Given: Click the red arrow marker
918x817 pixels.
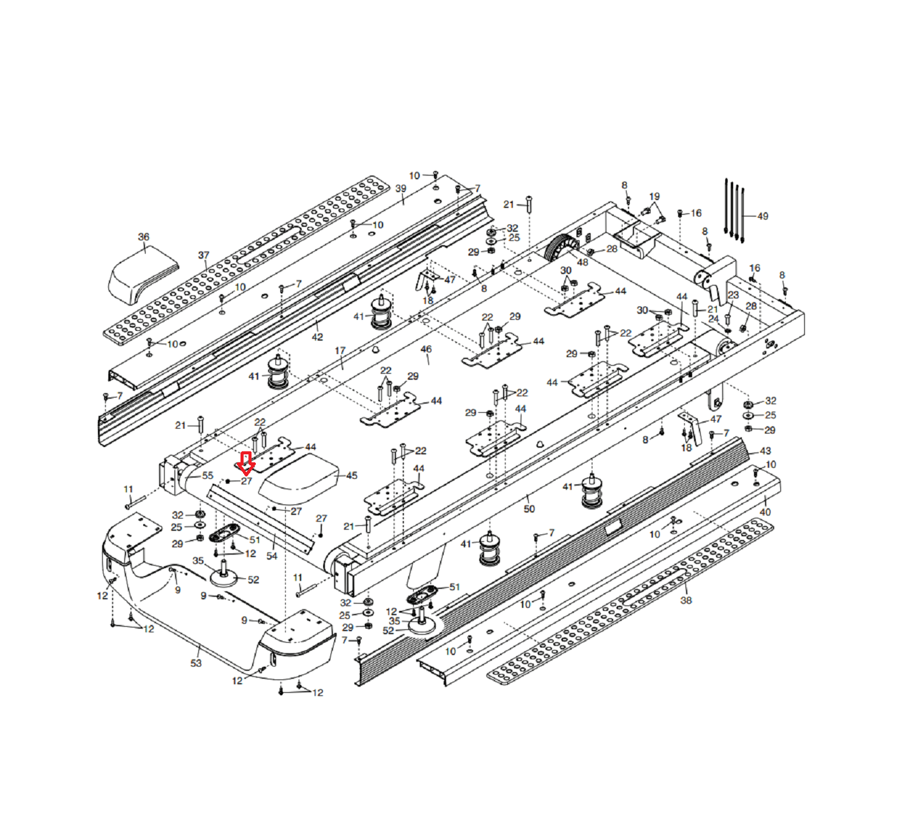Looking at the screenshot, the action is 246,464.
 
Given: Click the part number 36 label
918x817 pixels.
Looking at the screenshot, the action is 144,237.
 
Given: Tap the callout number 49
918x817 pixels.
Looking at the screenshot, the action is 763,216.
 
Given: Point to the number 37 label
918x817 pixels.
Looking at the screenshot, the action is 204,256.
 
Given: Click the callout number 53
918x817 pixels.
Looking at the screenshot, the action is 196,663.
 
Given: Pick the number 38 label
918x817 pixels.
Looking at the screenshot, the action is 686,601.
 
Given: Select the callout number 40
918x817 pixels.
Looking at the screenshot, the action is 765,512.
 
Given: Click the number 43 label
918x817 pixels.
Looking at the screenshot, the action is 765,451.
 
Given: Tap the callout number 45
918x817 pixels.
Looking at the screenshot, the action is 351,476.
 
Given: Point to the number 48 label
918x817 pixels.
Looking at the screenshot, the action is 583,262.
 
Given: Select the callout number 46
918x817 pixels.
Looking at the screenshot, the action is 426,350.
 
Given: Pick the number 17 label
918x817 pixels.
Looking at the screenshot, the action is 340,351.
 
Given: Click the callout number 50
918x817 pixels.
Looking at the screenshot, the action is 529,509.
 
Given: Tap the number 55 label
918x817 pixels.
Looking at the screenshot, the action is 207,476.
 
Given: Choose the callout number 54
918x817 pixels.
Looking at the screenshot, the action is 272,556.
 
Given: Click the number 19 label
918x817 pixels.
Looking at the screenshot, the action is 655,197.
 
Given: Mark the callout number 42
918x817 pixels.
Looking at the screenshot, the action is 317,337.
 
